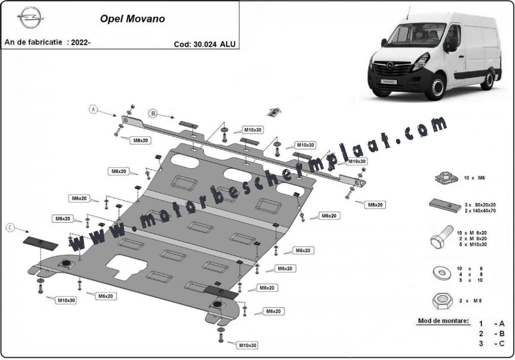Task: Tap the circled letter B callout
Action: (x=153, y=114)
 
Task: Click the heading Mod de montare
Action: (x=443, y=321)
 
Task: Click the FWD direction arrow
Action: (x=274, y=113)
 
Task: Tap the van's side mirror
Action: (x=452, y=44)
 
